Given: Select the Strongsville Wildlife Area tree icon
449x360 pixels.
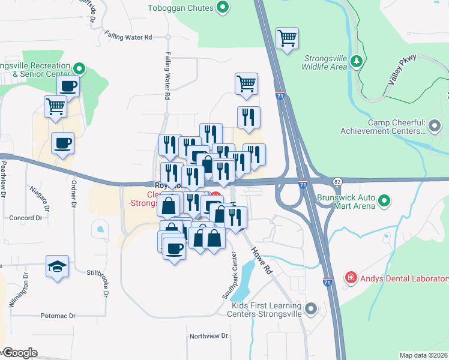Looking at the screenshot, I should (x=357, y=61).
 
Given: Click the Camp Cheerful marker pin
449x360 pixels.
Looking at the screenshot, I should (x=436, y=126).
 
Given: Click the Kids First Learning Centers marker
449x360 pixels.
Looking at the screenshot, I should (x=310, y=310).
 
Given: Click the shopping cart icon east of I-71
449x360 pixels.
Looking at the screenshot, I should (x=288, y=38).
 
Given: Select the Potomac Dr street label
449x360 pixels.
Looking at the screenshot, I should (x=58, y=316).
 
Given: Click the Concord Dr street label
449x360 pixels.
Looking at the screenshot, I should (x=25, y=218).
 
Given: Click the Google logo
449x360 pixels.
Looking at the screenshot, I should (x=19, y=353).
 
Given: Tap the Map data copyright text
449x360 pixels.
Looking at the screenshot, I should (x=424, y=355).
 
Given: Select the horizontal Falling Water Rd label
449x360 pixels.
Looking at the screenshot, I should (x=128, y=37).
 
